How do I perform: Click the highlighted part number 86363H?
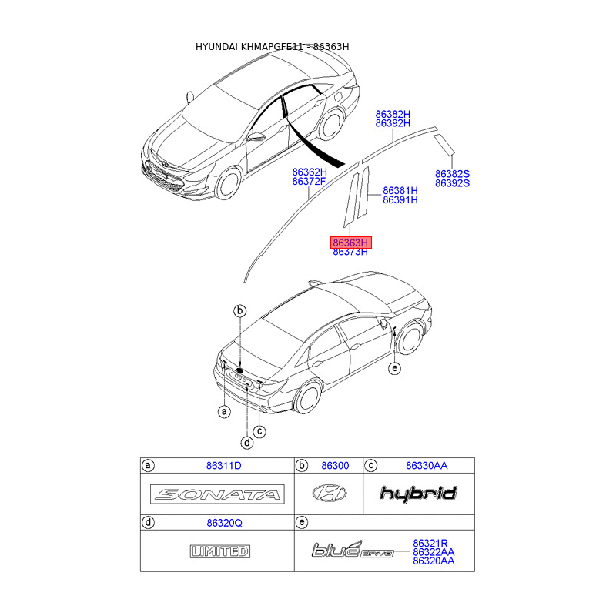click(x=351, y=243)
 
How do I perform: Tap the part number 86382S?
click(x=452, y=174)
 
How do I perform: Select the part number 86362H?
click(x=310, y=172)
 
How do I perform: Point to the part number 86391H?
click(x=400, y=199)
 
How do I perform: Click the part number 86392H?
click(x=393, y=123)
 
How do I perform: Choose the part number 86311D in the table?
click(x=223, y=466)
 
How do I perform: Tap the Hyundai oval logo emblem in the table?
click(x=329, y=494)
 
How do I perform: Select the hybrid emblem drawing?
click(x=418, y=494)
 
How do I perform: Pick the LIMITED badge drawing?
click(x=219, y=551)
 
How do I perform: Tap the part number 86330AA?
click(x=427, y=466)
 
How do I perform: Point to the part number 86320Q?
click(x=223, y=523)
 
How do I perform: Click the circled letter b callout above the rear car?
click(x=240, y=310)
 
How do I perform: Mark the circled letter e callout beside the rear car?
click(x=395, y=369)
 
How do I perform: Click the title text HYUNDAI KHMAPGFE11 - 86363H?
click(x=273, y=47)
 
